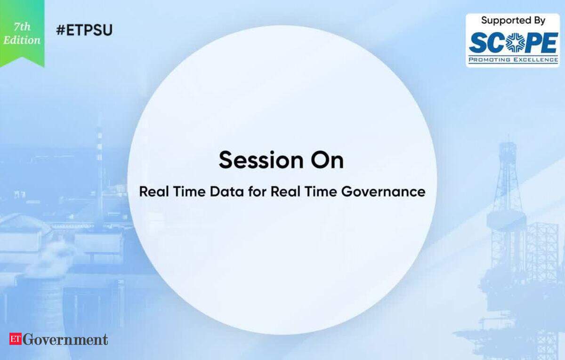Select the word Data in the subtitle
tap(227, 192)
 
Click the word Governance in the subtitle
tap(383, 192)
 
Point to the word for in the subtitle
tap(257, 192)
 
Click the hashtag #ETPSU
tap(84, 30)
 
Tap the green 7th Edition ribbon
tap(22, 33)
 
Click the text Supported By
tap(513, 20)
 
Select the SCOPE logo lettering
tap(513, 43)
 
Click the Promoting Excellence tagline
tap(513, 60)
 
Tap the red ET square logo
tap(16, 339)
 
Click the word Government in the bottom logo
tap(65, 339)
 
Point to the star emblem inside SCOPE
tap(514, 43)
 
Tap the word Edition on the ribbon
tap(22, 40)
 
